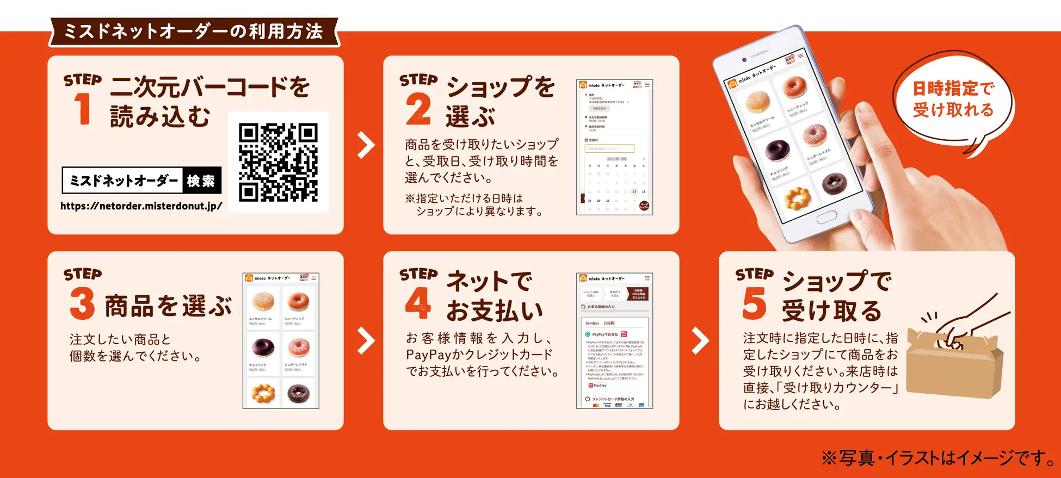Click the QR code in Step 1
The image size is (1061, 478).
278,162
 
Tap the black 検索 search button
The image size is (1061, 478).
201,181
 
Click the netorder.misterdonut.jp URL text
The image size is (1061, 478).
141,206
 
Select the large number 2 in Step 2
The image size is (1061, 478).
418,109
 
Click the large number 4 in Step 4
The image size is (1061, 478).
418,302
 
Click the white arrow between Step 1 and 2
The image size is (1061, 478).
366,145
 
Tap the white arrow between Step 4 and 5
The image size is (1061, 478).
700,341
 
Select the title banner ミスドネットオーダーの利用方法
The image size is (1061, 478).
194,32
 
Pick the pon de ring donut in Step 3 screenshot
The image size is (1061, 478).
262,393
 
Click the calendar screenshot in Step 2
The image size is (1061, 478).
614,147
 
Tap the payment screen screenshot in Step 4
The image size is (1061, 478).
614,341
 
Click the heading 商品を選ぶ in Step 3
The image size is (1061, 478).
168,306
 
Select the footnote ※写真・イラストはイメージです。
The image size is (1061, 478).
938,458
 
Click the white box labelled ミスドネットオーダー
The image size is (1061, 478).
123,181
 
